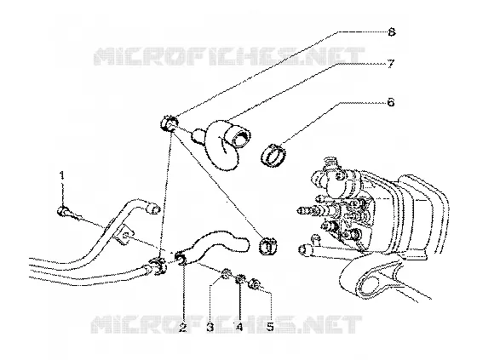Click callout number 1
(x=62, y=175)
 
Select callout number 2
(x=182, y=327)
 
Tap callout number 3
(x=210, y=327)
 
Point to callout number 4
(x=239, y=327)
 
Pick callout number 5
(x=270, y=327)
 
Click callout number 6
(x=391, y=102)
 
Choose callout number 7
(x=391, y=64)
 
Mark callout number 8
(x=391, y=32)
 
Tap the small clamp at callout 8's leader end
(x=169, y=123)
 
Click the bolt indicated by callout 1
(x=64, y=211)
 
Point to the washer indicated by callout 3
(x=226, y=275)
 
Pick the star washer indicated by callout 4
(x=240, y=279)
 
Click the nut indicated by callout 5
(x=255, y=284)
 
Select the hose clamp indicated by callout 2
(x=181, y=259)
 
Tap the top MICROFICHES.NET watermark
(x=229, y=56)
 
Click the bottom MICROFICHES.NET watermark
(x=227, y=324)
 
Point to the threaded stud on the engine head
(x=307, y=210)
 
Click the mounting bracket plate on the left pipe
(x=122, y=234)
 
